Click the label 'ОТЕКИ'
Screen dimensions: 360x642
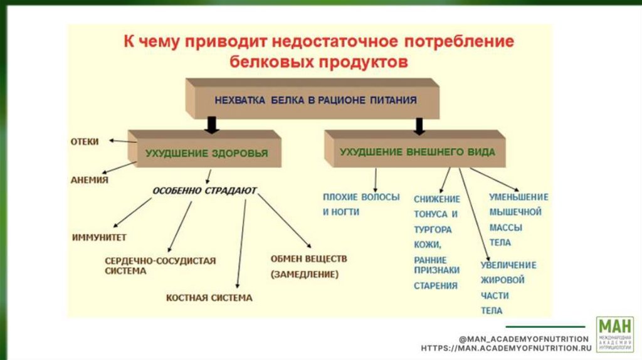click(84, 142)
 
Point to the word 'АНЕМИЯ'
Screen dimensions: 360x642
click(89, 180)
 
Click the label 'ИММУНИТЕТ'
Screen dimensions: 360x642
click(99, 238)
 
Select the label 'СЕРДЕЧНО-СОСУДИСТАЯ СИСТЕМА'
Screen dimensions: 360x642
click(160, 265)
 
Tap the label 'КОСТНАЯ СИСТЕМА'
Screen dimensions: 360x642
click(209, 298)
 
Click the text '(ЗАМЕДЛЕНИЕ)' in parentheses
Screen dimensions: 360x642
click(305, 274)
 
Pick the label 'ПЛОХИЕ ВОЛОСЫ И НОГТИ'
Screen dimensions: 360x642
click(360, 204)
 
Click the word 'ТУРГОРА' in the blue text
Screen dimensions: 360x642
click(433, 230)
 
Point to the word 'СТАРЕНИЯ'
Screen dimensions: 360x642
click(436, 285)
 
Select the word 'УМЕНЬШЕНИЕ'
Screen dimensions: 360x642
click(518, 197)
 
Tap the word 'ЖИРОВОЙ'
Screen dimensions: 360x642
click(503, 280)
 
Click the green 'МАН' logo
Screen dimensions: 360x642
click(614, 334)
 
